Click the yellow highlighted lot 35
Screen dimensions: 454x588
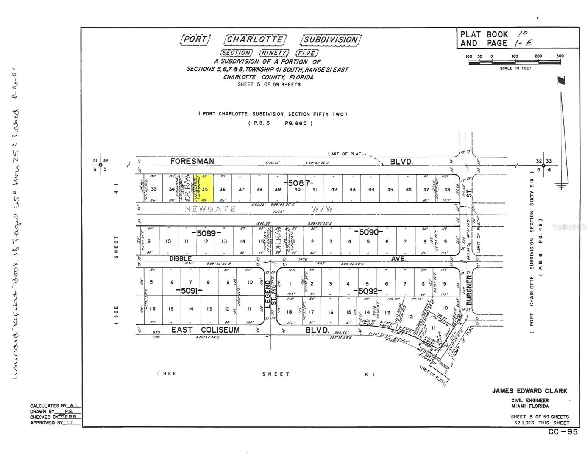click(205, 188)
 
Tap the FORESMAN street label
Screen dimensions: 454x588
click(192, 161)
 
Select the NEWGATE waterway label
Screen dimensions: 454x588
click(210, 209)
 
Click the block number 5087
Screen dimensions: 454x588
click(299, 183)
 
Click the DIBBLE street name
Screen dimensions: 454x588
click(180, 258)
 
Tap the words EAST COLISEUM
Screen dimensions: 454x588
click(206, 330)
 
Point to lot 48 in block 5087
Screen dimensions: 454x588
click(447, 190)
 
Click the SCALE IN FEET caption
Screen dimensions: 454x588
click(515, 68)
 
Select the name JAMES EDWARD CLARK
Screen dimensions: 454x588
click(529, 391)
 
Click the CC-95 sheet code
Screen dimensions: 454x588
click(563, 432)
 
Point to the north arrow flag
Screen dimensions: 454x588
click(561, 81)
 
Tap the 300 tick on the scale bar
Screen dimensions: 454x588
click(560, 56)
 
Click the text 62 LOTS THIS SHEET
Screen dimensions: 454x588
click(541, 423)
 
